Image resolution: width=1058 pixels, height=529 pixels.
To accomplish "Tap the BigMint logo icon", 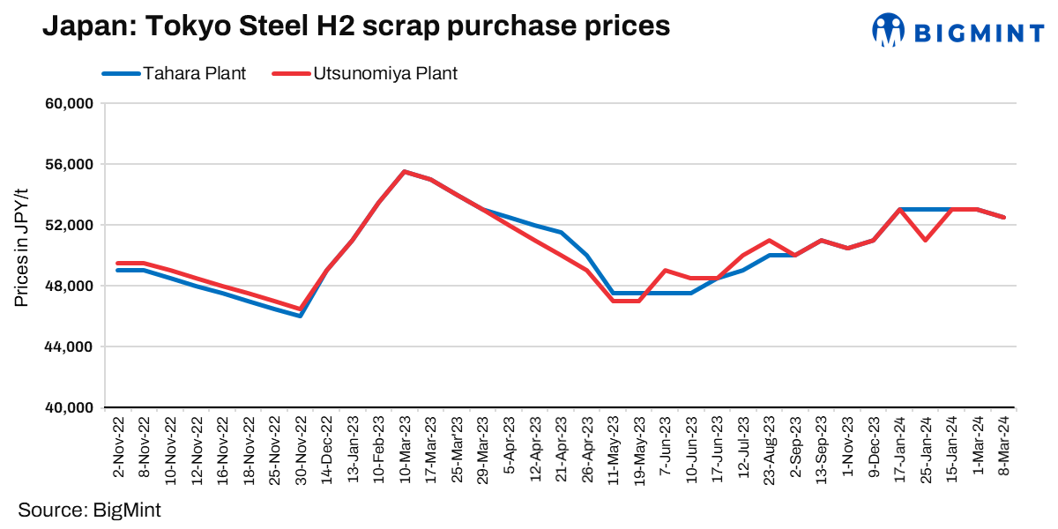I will point(889,30).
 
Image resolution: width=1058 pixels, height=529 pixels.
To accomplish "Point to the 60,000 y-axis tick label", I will point(69,104).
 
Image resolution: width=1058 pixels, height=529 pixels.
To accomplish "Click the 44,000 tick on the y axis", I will point(69,347).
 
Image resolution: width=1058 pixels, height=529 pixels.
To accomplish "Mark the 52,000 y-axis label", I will point(69,226).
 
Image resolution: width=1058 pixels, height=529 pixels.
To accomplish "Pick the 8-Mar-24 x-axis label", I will point(1003,445).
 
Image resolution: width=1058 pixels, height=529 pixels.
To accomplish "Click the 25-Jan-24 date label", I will point(926,445).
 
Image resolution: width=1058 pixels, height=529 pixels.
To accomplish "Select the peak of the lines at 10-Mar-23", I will point(404,172).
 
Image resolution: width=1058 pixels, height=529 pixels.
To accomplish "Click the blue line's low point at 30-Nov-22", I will point(300,316).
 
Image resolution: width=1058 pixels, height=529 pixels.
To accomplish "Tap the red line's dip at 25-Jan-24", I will point(926,240).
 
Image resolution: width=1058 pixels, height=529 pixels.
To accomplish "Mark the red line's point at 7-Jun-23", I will point(665,271).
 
